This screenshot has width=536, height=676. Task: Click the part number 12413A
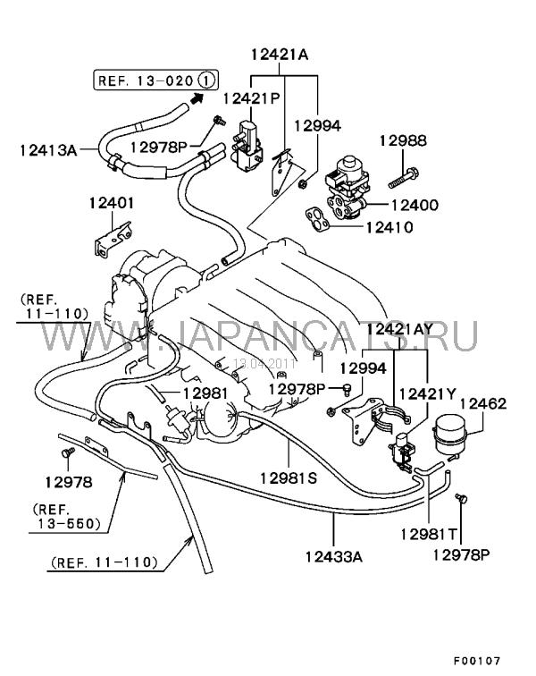click(x=46, y=149)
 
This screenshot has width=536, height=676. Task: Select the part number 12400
click(x=414, y=205)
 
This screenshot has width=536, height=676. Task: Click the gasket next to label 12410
click(x=318, y=218)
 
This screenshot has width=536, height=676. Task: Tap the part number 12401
click(x=111, y=203)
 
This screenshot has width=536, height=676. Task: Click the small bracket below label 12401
click(x=113, y=239)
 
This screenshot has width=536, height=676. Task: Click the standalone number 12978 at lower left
click(x=69, y=482)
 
